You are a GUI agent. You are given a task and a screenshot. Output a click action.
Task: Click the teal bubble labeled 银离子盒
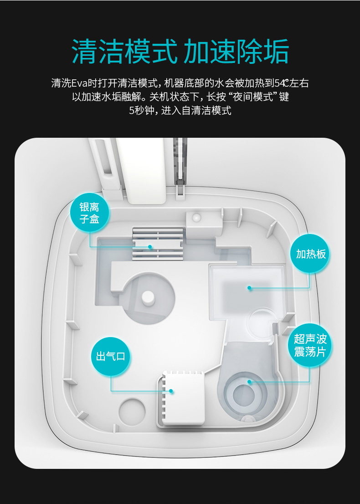(x=90, y=213)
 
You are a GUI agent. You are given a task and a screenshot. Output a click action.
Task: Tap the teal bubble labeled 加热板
(x=310, y=254)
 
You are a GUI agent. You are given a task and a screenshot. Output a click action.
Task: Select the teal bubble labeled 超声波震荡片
(x=310, y=346)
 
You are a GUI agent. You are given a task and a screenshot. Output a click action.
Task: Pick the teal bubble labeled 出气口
(x=111, y=357)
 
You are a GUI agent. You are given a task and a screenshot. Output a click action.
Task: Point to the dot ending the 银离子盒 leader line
(x=150, y=247)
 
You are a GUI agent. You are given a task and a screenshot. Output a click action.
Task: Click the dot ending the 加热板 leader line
(x=249, y=288)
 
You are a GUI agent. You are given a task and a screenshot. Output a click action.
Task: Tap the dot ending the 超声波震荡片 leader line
(x=249, y=382)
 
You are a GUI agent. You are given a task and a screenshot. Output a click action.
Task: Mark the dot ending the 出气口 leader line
(x=171, y=391)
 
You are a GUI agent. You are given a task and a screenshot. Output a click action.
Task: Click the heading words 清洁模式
(x=124, y=52)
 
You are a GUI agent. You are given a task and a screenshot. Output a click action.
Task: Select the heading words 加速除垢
(x=236, y=52)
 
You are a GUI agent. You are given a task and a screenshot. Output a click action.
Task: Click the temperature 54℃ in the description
(x=282, y=83)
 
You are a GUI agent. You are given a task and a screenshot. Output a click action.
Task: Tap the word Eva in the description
(x=79, y=83)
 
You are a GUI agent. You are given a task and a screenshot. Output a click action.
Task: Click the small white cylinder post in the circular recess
(x=148, y=298)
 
